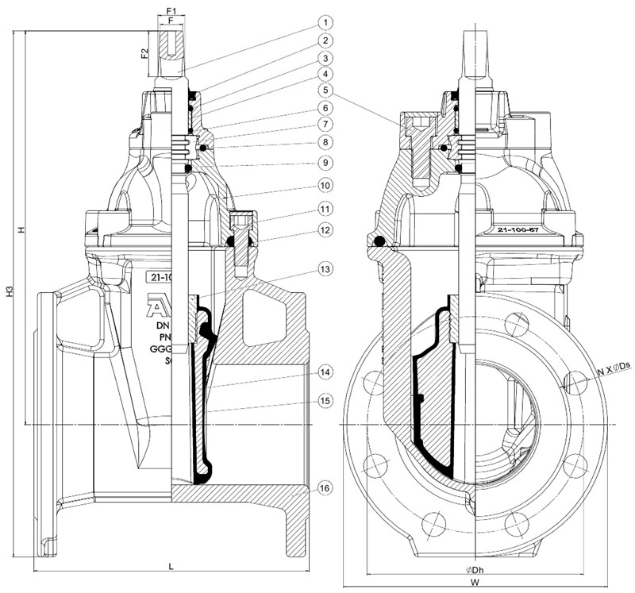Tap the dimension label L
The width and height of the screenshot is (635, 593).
pos(171,565)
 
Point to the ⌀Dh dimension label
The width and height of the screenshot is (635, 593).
pos(473,569)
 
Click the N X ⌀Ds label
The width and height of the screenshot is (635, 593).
pos(614,365)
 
